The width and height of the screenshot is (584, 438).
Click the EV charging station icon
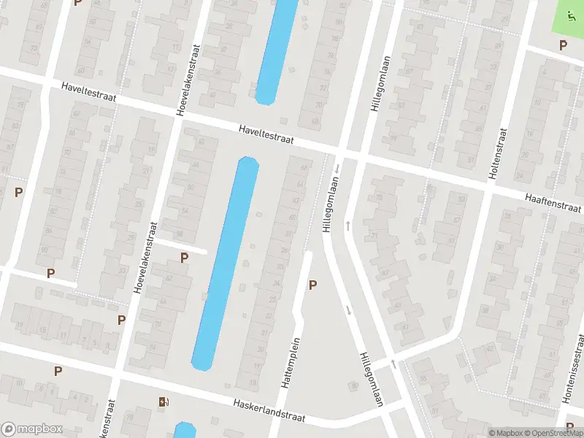pos(163,401)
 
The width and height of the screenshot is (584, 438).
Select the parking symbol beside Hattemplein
pos(312,285)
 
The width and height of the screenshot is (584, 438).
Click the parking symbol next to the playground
pos(563,45)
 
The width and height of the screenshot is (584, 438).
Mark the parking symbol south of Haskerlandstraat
pos(58,371)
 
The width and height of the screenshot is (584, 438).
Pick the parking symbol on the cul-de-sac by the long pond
pos(184,257)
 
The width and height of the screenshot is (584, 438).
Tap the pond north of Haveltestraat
pos(276,51)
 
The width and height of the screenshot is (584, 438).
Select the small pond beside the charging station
pos(185,431)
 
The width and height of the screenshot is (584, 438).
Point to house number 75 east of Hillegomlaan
pos(379,199)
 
